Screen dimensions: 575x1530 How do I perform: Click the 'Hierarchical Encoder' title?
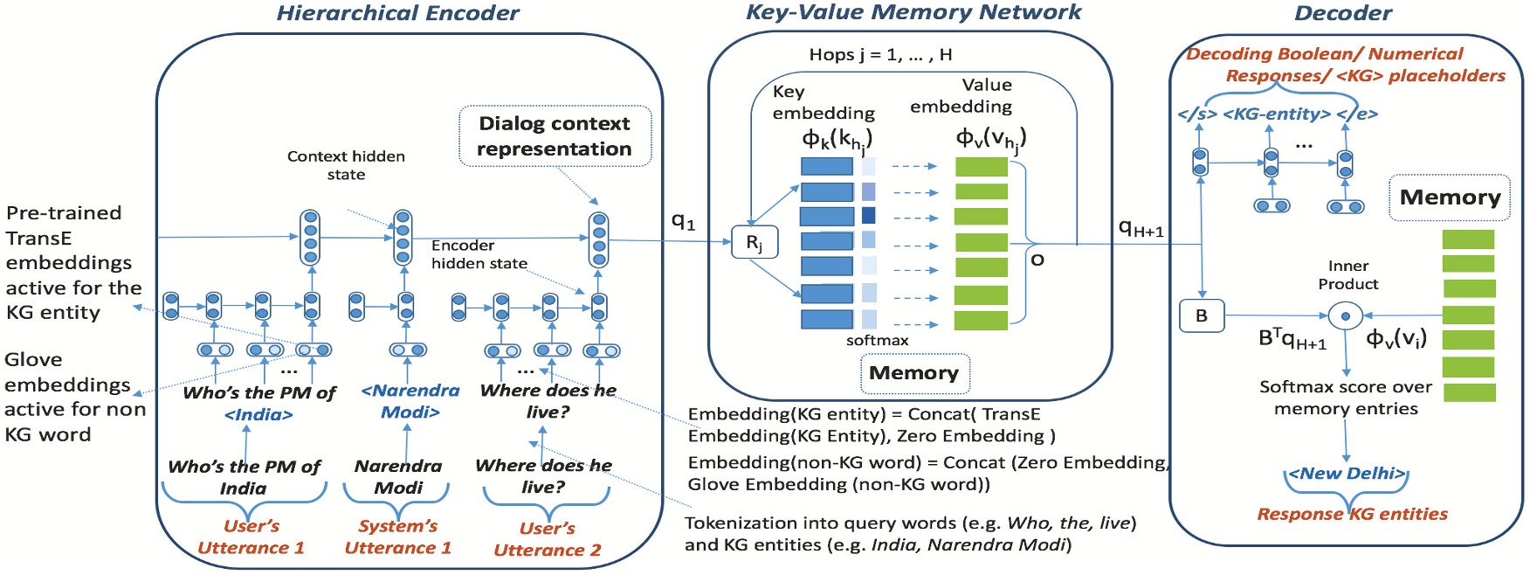397,13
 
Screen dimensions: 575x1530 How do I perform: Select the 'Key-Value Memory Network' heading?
913,12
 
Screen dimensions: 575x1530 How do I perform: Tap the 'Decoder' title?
1342,13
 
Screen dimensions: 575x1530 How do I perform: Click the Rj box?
754,243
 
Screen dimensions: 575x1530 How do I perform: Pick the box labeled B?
1202,315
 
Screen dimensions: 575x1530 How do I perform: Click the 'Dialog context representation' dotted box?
555,136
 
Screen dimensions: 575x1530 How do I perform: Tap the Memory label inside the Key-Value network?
913,373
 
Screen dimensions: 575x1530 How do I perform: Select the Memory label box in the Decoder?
1449,197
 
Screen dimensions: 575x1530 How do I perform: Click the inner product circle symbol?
1346,315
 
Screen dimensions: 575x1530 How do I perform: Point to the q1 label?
683,221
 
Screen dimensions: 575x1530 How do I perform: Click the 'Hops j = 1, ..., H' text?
880,54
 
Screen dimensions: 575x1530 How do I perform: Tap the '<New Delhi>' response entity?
1346,474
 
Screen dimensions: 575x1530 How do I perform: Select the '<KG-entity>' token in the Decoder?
1277,114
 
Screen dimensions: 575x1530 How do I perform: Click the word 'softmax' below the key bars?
877,341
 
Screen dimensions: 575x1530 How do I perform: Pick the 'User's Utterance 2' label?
547,539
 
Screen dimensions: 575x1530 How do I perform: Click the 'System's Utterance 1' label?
397,537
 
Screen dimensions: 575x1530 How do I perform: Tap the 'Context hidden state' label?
346,165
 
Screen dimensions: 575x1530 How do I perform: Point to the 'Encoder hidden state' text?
479,254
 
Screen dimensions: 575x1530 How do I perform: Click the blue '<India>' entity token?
258,414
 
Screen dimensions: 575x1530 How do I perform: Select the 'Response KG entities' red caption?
1352,514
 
